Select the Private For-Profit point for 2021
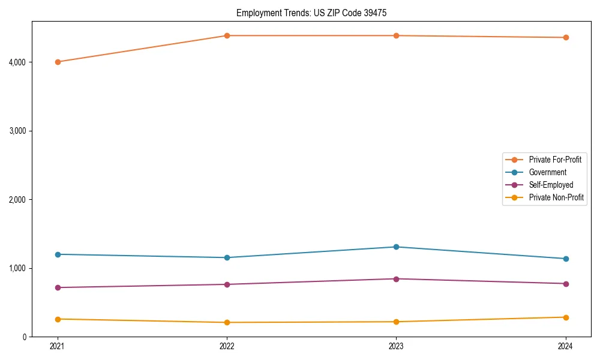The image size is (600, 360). (x=58, y=62)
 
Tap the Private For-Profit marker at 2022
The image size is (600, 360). (x=227, y=35)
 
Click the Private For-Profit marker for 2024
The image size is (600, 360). (x=566, y=37)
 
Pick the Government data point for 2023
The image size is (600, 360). (x=396, y=247)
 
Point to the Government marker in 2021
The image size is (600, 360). (x=58, y=254)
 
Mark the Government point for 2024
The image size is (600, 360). (x=566, y=259)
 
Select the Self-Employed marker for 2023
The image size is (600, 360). (x=396, y=278)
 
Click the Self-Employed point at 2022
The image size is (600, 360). (x=227, y=284)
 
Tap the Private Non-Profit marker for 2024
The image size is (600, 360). (x=566, y=317)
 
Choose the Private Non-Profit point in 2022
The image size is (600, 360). (x=227, y=322)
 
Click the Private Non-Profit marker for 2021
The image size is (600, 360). (x=58, y=319)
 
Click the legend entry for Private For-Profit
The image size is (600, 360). (x=555, y=160)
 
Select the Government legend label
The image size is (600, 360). (x=547, y=172)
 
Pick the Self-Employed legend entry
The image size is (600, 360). (x=551, y=185)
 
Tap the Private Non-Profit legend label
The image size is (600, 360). (x=556, y=197)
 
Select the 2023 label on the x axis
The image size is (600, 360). (x=396, y=346)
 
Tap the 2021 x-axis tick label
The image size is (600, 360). (x=58, y=346)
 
